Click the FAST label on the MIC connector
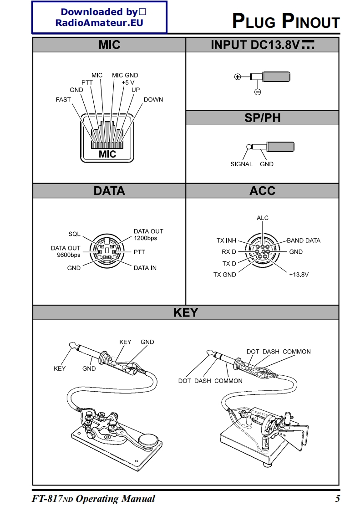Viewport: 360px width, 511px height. tap(63, 99)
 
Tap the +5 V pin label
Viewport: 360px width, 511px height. tap(128, 82)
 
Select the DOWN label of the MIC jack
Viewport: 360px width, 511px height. tap(153, 99)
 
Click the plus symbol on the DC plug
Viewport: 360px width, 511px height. tap(237, 77)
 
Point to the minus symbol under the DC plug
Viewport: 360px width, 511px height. tap(257, 92)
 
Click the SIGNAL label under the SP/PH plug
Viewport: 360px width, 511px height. tap(241, 164)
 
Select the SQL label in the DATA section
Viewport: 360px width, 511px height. tap(74, 234)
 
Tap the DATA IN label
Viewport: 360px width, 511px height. tap(145, 268)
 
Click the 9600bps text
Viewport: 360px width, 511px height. tap(69, 255)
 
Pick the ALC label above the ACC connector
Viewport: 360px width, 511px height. tap(263, 218)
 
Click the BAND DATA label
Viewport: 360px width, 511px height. tap(304, 240)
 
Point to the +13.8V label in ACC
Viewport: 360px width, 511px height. tap(299, 275)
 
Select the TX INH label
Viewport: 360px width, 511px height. tap(226, 240)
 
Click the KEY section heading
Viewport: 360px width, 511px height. tap(186, 312)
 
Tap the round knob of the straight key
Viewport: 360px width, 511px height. tap(149, 441)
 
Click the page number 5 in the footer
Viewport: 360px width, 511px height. tap(337, 499)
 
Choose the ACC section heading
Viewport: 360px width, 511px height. tap(262, 190)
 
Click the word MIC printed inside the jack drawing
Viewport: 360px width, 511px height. tap(107, 154)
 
